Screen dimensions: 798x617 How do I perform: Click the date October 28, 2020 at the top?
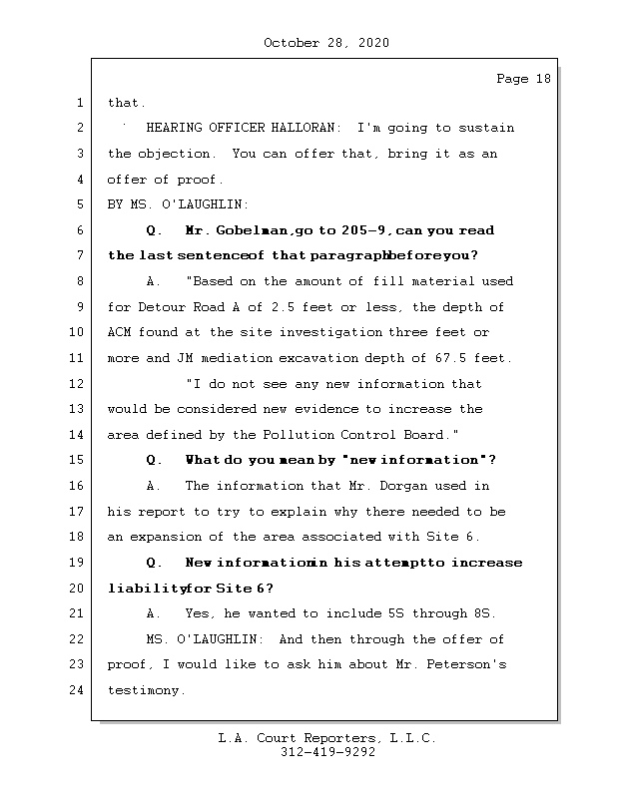point(326,43)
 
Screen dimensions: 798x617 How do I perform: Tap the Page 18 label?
point(523,79)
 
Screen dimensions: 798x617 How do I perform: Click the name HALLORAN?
point(305,129)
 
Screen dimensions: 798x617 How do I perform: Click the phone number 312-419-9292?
point(327,753)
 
